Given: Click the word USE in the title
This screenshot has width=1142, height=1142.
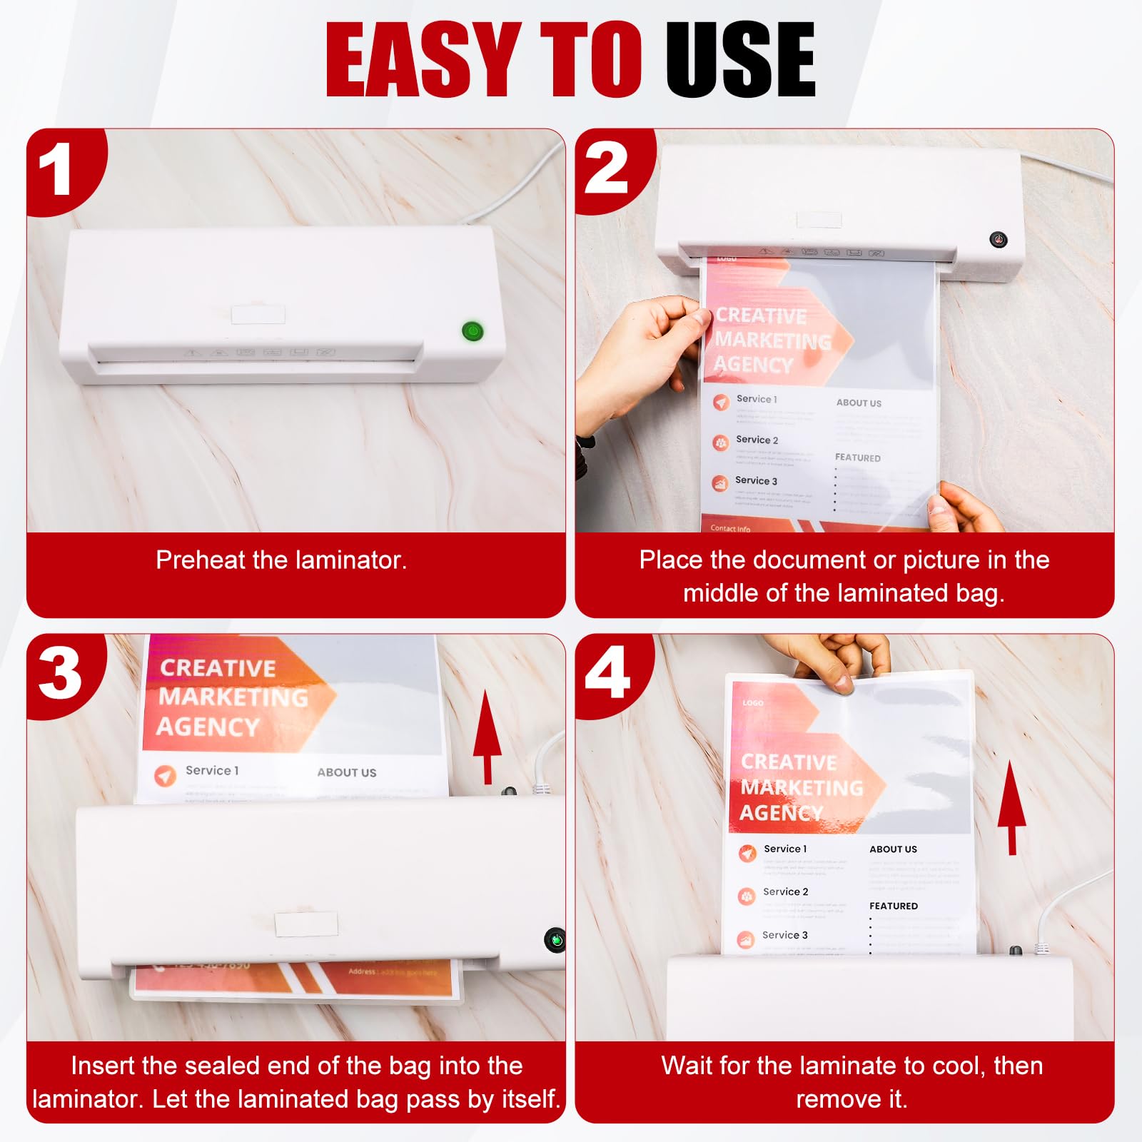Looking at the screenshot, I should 740,60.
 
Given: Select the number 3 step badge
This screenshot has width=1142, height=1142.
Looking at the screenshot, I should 60,674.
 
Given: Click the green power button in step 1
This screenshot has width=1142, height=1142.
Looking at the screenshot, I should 473,331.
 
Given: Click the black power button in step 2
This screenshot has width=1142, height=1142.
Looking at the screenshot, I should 998,240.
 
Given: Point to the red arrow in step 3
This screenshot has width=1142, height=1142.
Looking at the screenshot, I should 487,735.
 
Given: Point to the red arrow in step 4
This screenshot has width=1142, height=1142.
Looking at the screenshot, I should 1011,807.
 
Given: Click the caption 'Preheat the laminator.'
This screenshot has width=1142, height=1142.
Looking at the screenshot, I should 281,560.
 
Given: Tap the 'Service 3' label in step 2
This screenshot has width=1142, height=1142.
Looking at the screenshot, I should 756,480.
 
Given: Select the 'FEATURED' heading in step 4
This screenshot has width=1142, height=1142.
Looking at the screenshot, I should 893,906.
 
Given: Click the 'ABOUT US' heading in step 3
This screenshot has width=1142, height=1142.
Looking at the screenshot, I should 346,772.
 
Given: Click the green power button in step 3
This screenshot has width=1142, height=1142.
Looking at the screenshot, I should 555,940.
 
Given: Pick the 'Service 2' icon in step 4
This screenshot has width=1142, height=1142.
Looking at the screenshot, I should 747,895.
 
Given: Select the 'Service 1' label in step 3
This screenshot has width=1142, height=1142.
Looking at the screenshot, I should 212,770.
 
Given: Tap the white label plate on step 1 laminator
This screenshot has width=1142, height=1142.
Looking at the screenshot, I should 258,314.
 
